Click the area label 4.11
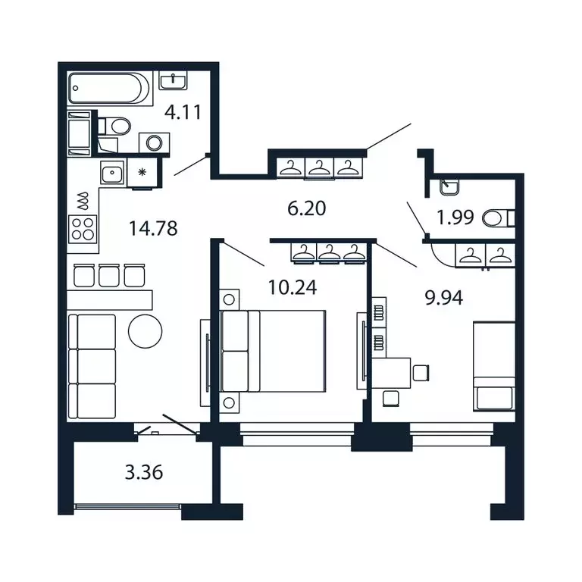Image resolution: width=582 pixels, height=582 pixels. click(x=183, y=112)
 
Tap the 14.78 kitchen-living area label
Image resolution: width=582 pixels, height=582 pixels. click(x=153, y=228)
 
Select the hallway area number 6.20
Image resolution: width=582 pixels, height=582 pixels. click(x=307, y=208)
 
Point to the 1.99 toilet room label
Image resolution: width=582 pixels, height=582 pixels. click(x=455, y=217)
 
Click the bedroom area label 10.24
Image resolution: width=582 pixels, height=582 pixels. click(x=293, y=287)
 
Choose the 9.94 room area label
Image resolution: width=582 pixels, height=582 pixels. click(x=444, y=298)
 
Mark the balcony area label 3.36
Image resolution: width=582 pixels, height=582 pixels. click(x=144, y=473)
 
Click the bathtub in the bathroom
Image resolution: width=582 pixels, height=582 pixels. click(x=110, y=89)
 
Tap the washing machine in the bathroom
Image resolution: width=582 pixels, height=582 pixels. click(x=154, y=142)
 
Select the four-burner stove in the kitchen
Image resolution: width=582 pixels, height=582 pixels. click(x=83, y=229)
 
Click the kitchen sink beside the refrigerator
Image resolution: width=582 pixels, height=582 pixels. click(x=113, y=173)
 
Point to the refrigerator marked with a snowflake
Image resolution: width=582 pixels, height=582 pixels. click(x=142, y=172)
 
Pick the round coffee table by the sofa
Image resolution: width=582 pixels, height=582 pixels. click(x=145, y=331)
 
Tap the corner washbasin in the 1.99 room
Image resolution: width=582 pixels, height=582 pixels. click(x=449, y=186)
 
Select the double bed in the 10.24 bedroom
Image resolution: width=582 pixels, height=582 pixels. click(x=273, y=351)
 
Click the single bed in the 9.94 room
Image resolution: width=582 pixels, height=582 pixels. click(x=494, y=367)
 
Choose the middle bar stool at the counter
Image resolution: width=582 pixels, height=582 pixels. click(x=109, y=275)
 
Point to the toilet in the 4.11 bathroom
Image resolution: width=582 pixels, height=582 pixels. click(x=114, y=126)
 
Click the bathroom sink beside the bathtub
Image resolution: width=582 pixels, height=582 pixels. click(x=174, y=80)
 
